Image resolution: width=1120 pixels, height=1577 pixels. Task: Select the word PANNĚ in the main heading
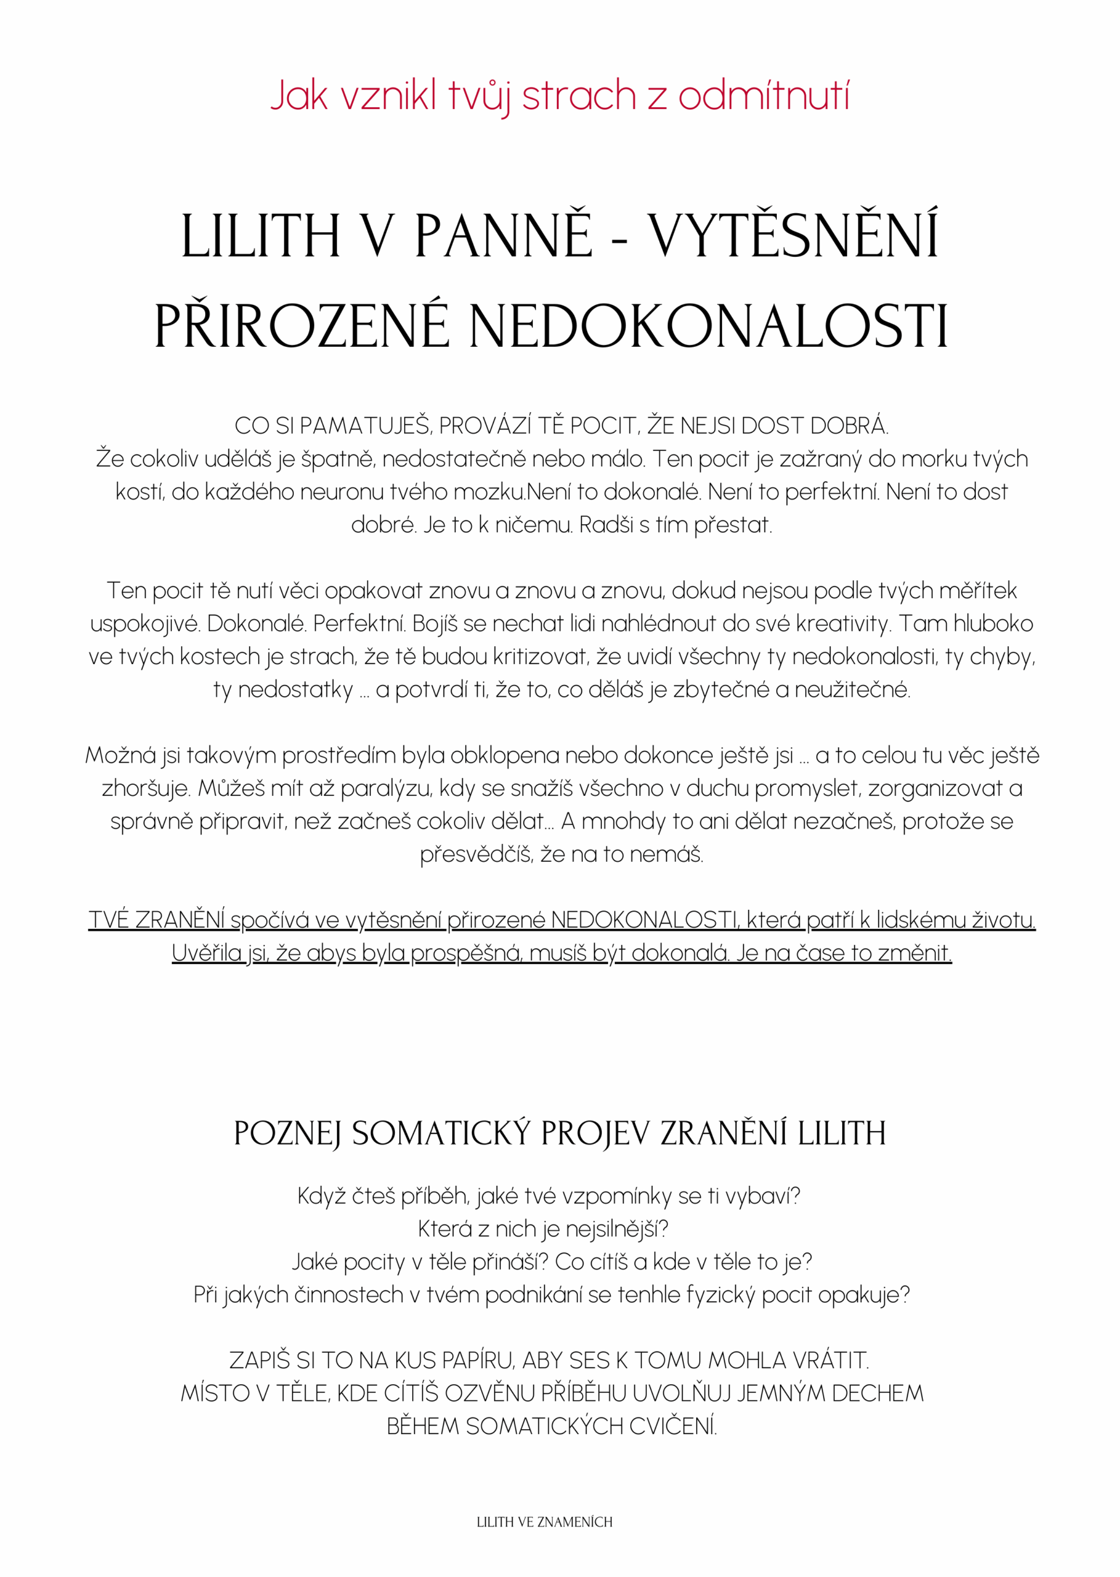[x=503, y=236]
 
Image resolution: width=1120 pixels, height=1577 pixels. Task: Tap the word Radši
[x=606, y=525]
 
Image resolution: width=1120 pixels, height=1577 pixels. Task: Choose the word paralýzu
[x=387, y=788]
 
